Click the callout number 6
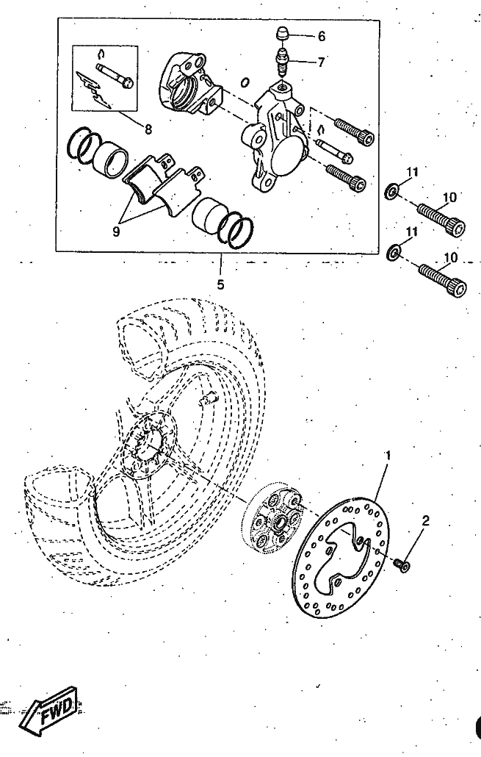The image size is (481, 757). coord(322,36)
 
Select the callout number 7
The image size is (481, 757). coord(321,62)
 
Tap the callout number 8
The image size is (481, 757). coord(148,129)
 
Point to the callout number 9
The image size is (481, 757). coord(116,232)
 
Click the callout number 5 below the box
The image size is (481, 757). coord(220,285)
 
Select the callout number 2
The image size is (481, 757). coord(425,520)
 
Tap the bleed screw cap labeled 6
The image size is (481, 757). coord(282,35)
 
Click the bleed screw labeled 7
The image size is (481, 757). coord(282,62)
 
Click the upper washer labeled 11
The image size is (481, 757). coord(391,192)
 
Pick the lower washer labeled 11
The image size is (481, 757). coord(394,252)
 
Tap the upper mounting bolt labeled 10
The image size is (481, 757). coord(441,220)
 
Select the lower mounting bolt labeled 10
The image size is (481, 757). coord(442,280)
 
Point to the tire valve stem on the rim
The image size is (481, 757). coord(209,399)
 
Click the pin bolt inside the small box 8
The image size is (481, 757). coord(115,75)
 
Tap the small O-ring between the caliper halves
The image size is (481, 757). coord(245,82)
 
